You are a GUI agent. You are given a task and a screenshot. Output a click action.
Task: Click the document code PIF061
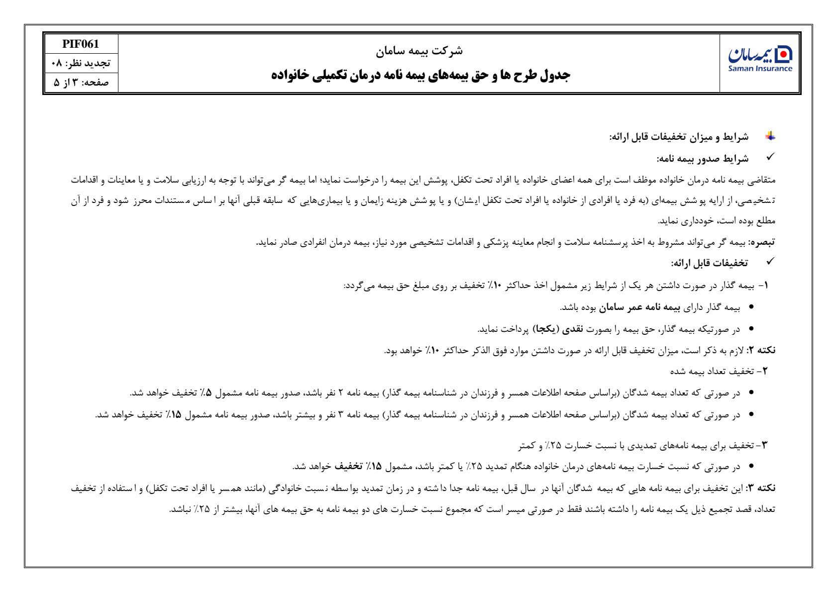click(x=81, y=44)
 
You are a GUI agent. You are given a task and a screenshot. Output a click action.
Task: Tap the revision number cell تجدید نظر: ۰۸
click(x=81, y=63)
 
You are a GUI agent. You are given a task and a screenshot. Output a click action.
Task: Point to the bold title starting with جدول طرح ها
click(x=420, y=75)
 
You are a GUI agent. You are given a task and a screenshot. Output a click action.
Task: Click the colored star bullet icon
click(x=770, y=136)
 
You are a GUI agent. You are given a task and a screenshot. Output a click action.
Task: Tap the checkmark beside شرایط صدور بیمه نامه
click(x=769, y=158)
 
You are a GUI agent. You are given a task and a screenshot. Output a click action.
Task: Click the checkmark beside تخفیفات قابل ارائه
click(x=769, y=261)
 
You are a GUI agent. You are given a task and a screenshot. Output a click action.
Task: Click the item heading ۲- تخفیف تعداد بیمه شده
click(x=720, y=371)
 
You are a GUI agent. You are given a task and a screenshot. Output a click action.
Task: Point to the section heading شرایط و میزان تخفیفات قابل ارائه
click(x=679, y=136)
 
